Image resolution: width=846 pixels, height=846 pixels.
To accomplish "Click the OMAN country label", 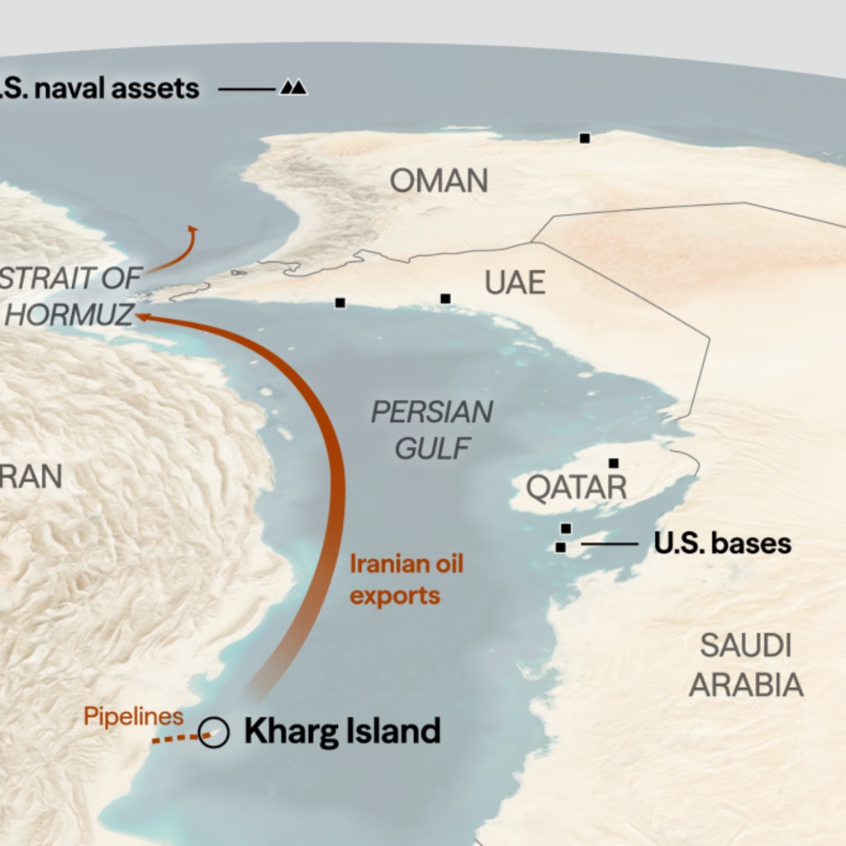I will tap(439, 181).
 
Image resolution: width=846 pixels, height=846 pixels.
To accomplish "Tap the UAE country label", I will tap(515, 283).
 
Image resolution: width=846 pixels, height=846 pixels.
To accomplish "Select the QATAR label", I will tap(577, 487).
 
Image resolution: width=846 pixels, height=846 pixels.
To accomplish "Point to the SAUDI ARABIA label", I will tap(746, 665).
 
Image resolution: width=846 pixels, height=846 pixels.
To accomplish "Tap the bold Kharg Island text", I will tap(342, 732).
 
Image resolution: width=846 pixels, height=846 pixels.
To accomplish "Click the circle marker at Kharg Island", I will tap(214, 732).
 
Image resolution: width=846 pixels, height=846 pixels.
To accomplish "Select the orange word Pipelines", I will tap(133, 716).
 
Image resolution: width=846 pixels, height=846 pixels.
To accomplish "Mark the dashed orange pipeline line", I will tap(175, 738).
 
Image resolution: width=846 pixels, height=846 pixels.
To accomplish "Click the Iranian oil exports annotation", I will tap(406, 579).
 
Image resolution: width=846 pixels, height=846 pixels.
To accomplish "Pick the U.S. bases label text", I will tap(723, 544).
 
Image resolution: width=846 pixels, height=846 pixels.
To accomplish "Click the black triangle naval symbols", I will tap(293, 87).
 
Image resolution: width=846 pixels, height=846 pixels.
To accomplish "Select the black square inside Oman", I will tap(584, 138).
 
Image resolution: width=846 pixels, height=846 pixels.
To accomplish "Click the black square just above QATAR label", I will tap(613, 463).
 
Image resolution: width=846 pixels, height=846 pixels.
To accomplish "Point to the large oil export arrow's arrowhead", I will tap(143, 316).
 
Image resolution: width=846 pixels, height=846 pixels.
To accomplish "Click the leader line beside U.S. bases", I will tap(610, 544).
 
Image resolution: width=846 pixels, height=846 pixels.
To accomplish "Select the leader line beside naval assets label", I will tap(247, 88).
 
